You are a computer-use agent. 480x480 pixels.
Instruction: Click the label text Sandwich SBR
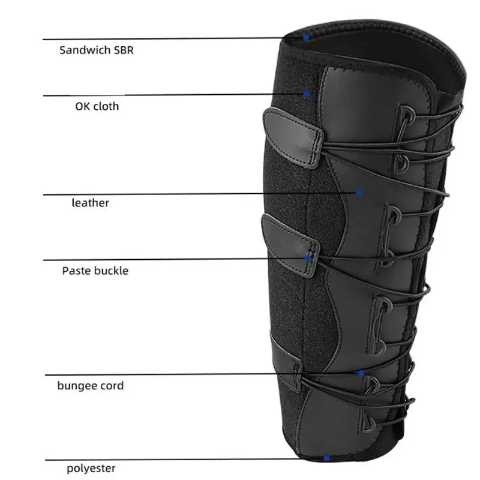96,50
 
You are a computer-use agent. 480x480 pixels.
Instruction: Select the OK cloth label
97,107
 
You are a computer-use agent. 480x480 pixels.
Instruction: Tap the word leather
91,203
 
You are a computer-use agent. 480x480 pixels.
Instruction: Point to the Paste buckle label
95,271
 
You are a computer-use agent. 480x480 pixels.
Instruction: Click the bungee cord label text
91,385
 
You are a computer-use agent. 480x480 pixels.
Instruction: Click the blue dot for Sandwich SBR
306,38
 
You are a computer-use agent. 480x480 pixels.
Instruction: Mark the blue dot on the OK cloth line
307,94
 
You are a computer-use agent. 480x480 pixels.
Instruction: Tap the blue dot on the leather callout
359,193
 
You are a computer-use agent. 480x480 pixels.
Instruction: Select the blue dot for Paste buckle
308,259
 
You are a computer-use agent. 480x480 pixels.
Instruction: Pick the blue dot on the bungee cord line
361,374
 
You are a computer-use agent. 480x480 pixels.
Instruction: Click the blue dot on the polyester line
326,458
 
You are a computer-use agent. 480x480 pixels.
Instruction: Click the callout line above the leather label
180,193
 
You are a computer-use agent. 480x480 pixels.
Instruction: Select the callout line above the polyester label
180,459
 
